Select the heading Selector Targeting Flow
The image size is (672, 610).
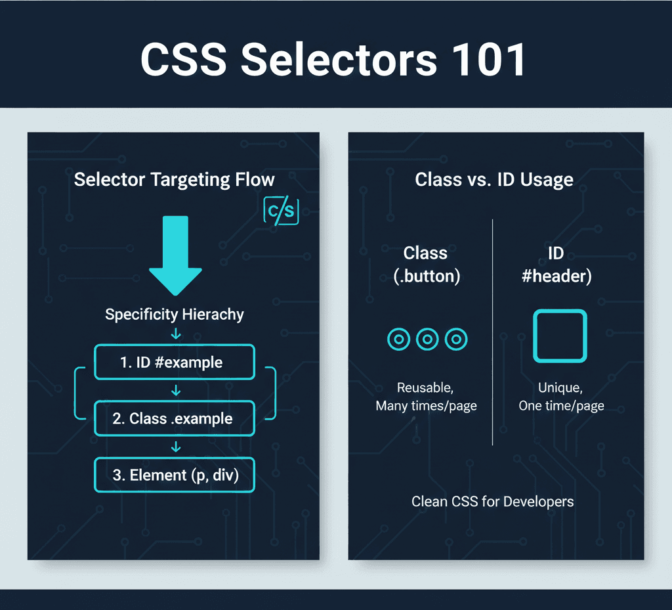(175, 179)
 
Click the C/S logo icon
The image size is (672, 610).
(281, 211)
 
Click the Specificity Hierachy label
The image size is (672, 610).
(175, 314)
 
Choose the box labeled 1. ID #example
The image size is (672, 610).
(175, 362)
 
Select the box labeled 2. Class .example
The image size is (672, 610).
(175, 418)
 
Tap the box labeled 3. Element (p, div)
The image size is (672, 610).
(175, 475)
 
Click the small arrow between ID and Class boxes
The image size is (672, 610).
(175, 391)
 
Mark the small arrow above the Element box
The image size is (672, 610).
(175, 447)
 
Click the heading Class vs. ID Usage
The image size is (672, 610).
(494, 179)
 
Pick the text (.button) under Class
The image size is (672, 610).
(427, 276)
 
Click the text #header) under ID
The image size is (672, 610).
(556, 276)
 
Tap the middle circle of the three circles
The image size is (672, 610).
(427, 339)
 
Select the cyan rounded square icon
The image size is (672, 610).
(560, 336)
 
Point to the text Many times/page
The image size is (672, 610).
(426, 406)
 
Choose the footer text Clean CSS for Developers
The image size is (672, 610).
(492, 502)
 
